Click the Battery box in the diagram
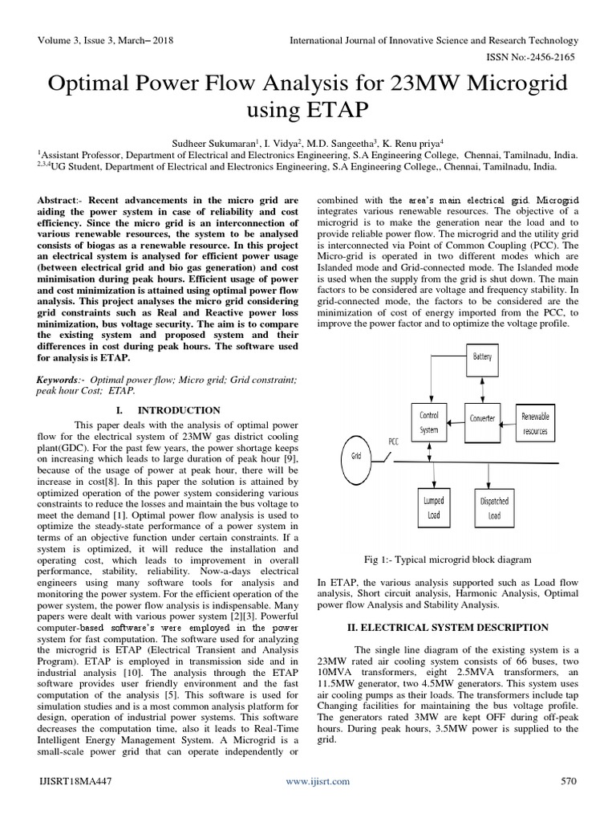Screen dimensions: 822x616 point(483,355)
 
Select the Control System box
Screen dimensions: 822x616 point(428,422)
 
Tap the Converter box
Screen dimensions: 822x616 point(482,418)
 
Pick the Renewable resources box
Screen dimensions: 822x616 point(535,423)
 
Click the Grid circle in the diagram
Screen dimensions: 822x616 point(357,455)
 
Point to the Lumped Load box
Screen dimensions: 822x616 point(433,507)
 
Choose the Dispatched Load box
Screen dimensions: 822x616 point(494,507)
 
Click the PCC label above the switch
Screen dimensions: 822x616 point(394,441)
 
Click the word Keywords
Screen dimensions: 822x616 point(59,377)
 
